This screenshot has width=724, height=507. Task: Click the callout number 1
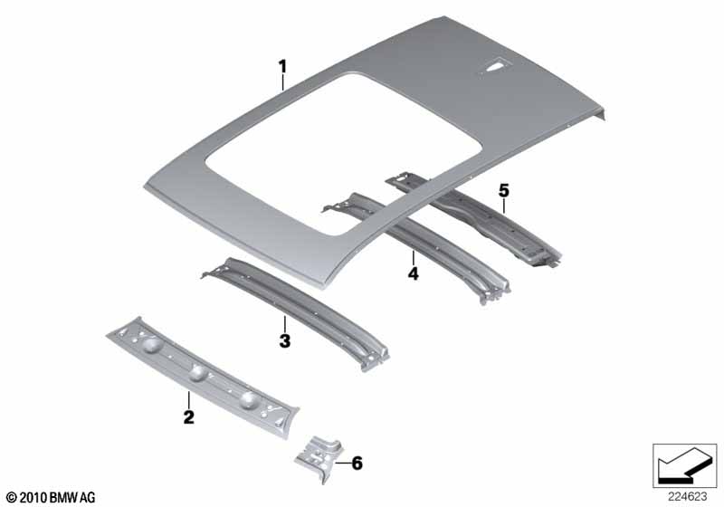pyautogui.click(x=282, y=66)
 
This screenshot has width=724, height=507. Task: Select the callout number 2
pyautogui.click(x=189, y=417)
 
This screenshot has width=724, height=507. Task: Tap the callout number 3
pyautogui.click(x=285, y=341)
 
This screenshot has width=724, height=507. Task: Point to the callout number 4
pyautogui.click(x=414, y=273)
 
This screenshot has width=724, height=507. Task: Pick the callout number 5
pyautogui.click(x=503, y=190)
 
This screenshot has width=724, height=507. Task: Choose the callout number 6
pyautogui.click(x=357, y=463)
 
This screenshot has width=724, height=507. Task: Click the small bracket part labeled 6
pyautogui.click(x=319, y=458)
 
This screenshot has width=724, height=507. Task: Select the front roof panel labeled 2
pyautogui.click(x=203, y=377)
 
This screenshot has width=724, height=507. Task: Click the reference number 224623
pyautogui.click(x=687, y=497)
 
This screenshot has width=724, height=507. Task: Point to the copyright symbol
pyautogui.click(x=12, y=497)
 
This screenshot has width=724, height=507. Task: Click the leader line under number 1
pyautogui.click(x=282, y=82)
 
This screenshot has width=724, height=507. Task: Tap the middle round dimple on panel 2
pyautogui.click(x=197, y=372)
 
